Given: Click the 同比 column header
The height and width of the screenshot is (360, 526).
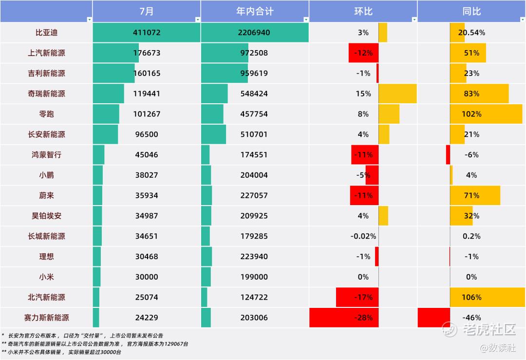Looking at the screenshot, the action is tap(471, 11).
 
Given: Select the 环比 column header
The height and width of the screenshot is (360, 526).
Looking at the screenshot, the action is tap(363, 11).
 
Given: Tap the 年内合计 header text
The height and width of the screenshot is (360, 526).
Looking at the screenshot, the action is tap(255, 11).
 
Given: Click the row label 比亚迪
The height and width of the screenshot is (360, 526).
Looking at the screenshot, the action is tap(46, 33).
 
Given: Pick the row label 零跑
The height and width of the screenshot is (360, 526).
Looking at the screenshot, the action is tap(46, 114).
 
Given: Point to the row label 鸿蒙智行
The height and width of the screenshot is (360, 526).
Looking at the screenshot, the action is tap(46, 155).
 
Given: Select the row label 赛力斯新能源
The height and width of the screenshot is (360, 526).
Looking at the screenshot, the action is tap(46, 318).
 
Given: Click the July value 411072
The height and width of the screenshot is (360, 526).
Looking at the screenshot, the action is tap(147, 33).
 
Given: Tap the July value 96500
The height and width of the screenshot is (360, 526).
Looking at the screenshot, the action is tap(147, 134).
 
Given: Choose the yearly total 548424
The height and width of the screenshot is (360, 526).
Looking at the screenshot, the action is tap(254, 94).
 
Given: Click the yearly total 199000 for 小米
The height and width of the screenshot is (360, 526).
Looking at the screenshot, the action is tap(254, 277).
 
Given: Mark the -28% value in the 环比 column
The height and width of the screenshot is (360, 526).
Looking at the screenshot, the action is tap(363, 318).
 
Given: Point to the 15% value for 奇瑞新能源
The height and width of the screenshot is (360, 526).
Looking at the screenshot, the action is tap(363, 94).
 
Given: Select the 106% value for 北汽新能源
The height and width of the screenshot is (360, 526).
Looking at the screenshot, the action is tap(471, 297).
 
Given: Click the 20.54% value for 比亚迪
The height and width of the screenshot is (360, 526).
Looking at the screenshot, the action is tap(471, 33).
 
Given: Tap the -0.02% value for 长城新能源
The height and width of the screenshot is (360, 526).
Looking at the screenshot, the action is tap(363, 236).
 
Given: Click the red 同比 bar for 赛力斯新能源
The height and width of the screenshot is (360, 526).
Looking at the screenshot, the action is tap(434, 318).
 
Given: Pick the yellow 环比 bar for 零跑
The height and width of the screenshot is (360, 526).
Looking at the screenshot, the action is tap(389, 114).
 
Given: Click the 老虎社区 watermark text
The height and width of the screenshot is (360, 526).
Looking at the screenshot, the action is tap(489, 329).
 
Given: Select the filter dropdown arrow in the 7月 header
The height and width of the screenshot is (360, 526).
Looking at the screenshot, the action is tap(198, 19).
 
